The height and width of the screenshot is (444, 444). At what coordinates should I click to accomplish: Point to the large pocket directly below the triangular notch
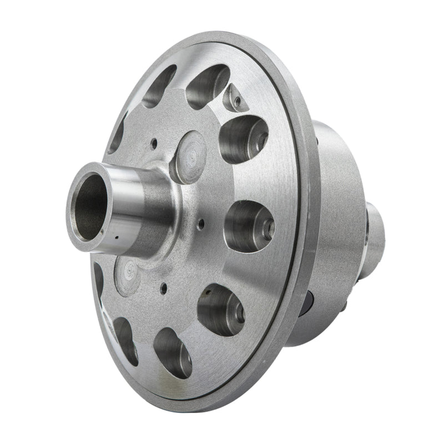243,138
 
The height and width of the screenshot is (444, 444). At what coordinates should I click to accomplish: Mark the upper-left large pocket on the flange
159,86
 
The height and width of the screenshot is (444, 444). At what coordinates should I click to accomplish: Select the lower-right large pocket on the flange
220,309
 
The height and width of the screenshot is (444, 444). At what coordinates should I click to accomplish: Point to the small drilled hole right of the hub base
201,224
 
